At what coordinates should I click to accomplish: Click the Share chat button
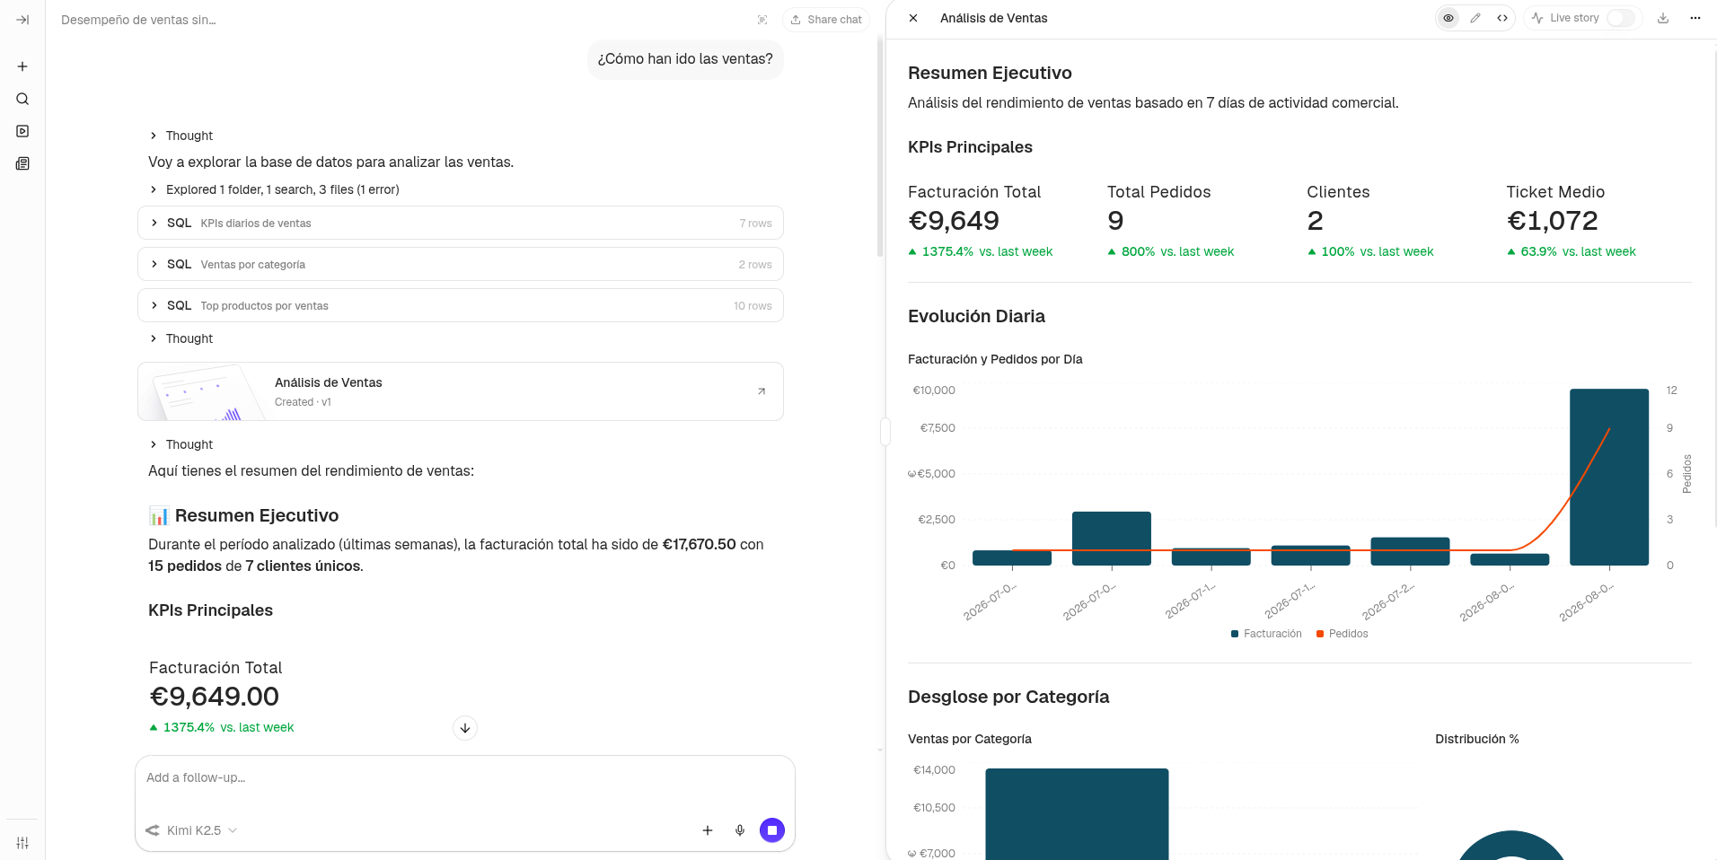point(826,20)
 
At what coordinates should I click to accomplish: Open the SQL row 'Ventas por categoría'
point(461,264)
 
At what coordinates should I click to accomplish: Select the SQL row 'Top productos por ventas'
point(461,305)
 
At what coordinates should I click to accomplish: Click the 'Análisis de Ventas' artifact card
point(461,391)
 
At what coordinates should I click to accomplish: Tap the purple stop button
point(772,830)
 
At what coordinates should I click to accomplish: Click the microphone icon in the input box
point(740,830)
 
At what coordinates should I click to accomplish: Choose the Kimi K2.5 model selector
point(191,830)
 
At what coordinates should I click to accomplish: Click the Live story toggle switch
point(1620,18)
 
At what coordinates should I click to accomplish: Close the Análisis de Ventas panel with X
point(913,18)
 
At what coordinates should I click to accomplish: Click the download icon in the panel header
point(1663,18)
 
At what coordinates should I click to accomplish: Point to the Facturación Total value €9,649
point(954,221)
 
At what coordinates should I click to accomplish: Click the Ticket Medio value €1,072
point(1553,221)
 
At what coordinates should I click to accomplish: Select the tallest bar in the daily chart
point(1609,477)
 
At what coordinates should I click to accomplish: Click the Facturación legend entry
point(1266,634)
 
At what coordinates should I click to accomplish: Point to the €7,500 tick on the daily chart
point(938,428)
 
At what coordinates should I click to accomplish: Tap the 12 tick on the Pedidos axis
point(1671,391)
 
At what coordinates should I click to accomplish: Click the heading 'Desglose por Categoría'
point(1008,697)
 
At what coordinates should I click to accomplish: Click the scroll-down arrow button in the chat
point(465,728)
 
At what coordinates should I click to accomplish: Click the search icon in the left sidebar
point(22,99)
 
